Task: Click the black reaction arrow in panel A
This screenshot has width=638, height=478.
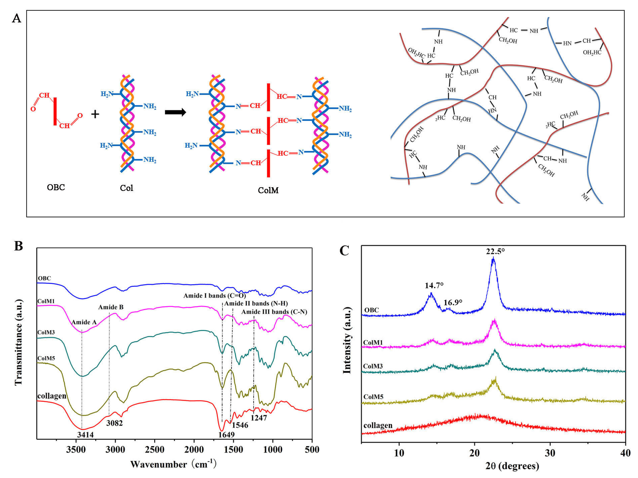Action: pos(175,112)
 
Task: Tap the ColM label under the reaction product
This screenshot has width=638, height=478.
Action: pos(268,190)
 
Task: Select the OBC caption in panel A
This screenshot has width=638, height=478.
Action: pos(56,187)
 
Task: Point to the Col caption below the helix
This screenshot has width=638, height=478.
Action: pos(126,188)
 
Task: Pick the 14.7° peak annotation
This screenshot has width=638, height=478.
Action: pos(434,285)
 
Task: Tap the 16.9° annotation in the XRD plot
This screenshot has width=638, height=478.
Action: pos(453,302)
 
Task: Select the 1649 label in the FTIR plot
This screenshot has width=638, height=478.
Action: pos(226,434)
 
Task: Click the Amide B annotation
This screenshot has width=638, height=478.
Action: pos(111,307)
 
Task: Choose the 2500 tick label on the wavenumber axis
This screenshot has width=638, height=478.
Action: pos(155,450)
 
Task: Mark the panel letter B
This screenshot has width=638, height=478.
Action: pos(18,246)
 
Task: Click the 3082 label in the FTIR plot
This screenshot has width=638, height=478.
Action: pos(114,423)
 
